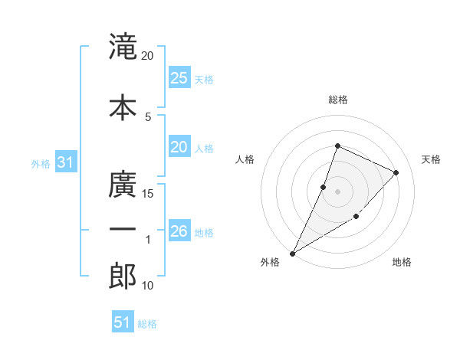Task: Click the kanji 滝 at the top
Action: [x=123, y=47]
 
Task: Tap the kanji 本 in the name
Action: [x=123, y=107]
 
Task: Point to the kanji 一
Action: [x=123, y=229]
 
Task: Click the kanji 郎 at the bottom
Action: [x=123, y=276]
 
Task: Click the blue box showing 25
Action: [x=179, y=78]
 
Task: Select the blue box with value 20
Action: [x=179, y=148]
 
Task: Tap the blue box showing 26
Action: [x=179, y=231]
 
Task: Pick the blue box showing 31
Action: [x=65, y=162]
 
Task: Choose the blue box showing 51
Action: [x=123, y=322]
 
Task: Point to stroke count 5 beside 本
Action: [x=148, y=116]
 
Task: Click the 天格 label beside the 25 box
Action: [x=204, y=79]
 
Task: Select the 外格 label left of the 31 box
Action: [x=40, y=163]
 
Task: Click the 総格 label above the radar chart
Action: [x=337, y=100]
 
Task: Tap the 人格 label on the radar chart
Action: [x=245, y=159]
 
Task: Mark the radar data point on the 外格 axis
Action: [x=292, y=253]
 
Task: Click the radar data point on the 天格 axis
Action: [x=396, y=172]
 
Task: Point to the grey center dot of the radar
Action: [x=337, y=191]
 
